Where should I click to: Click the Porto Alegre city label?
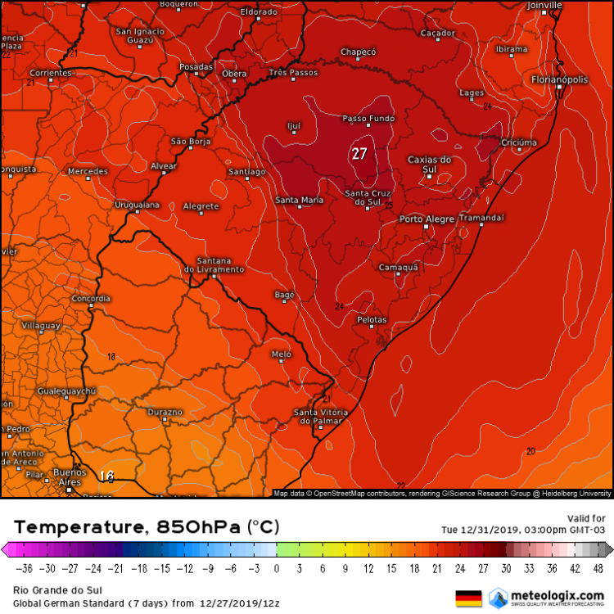426,219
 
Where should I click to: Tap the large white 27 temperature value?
359,154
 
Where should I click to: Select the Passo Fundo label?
368,119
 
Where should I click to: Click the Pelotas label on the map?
372,319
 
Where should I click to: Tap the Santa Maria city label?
299,201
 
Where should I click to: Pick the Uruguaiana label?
137,204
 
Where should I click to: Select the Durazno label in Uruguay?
165,411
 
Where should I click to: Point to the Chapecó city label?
358,52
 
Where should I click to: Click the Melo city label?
281,354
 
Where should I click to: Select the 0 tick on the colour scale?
276,567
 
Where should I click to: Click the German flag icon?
468,598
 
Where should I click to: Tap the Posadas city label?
196,67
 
